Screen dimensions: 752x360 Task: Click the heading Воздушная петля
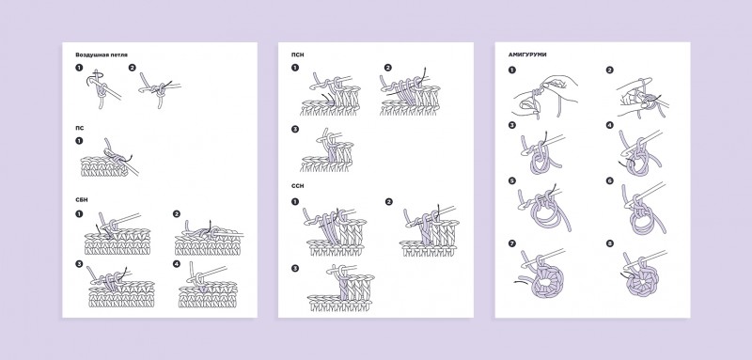102,55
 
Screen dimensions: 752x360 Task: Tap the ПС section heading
79,129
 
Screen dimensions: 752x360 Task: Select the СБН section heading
82,199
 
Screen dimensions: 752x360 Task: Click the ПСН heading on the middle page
297,55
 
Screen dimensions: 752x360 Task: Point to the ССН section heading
297,186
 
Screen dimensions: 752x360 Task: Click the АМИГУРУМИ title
527,55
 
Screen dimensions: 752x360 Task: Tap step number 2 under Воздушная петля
133,68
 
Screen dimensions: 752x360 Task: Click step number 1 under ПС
79,141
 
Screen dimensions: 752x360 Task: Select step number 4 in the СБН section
177,263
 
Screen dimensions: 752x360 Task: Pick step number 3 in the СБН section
79,263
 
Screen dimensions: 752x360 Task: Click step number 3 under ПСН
295,129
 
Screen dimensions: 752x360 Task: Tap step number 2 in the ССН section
388,202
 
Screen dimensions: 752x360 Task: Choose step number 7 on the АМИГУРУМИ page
512,243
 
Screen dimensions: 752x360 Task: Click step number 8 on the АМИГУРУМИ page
609,243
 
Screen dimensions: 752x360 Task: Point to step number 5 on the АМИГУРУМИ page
512,180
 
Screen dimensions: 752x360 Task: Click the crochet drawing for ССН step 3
340,288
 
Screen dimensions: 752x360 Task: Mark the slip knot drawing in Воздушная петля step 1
102,89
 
